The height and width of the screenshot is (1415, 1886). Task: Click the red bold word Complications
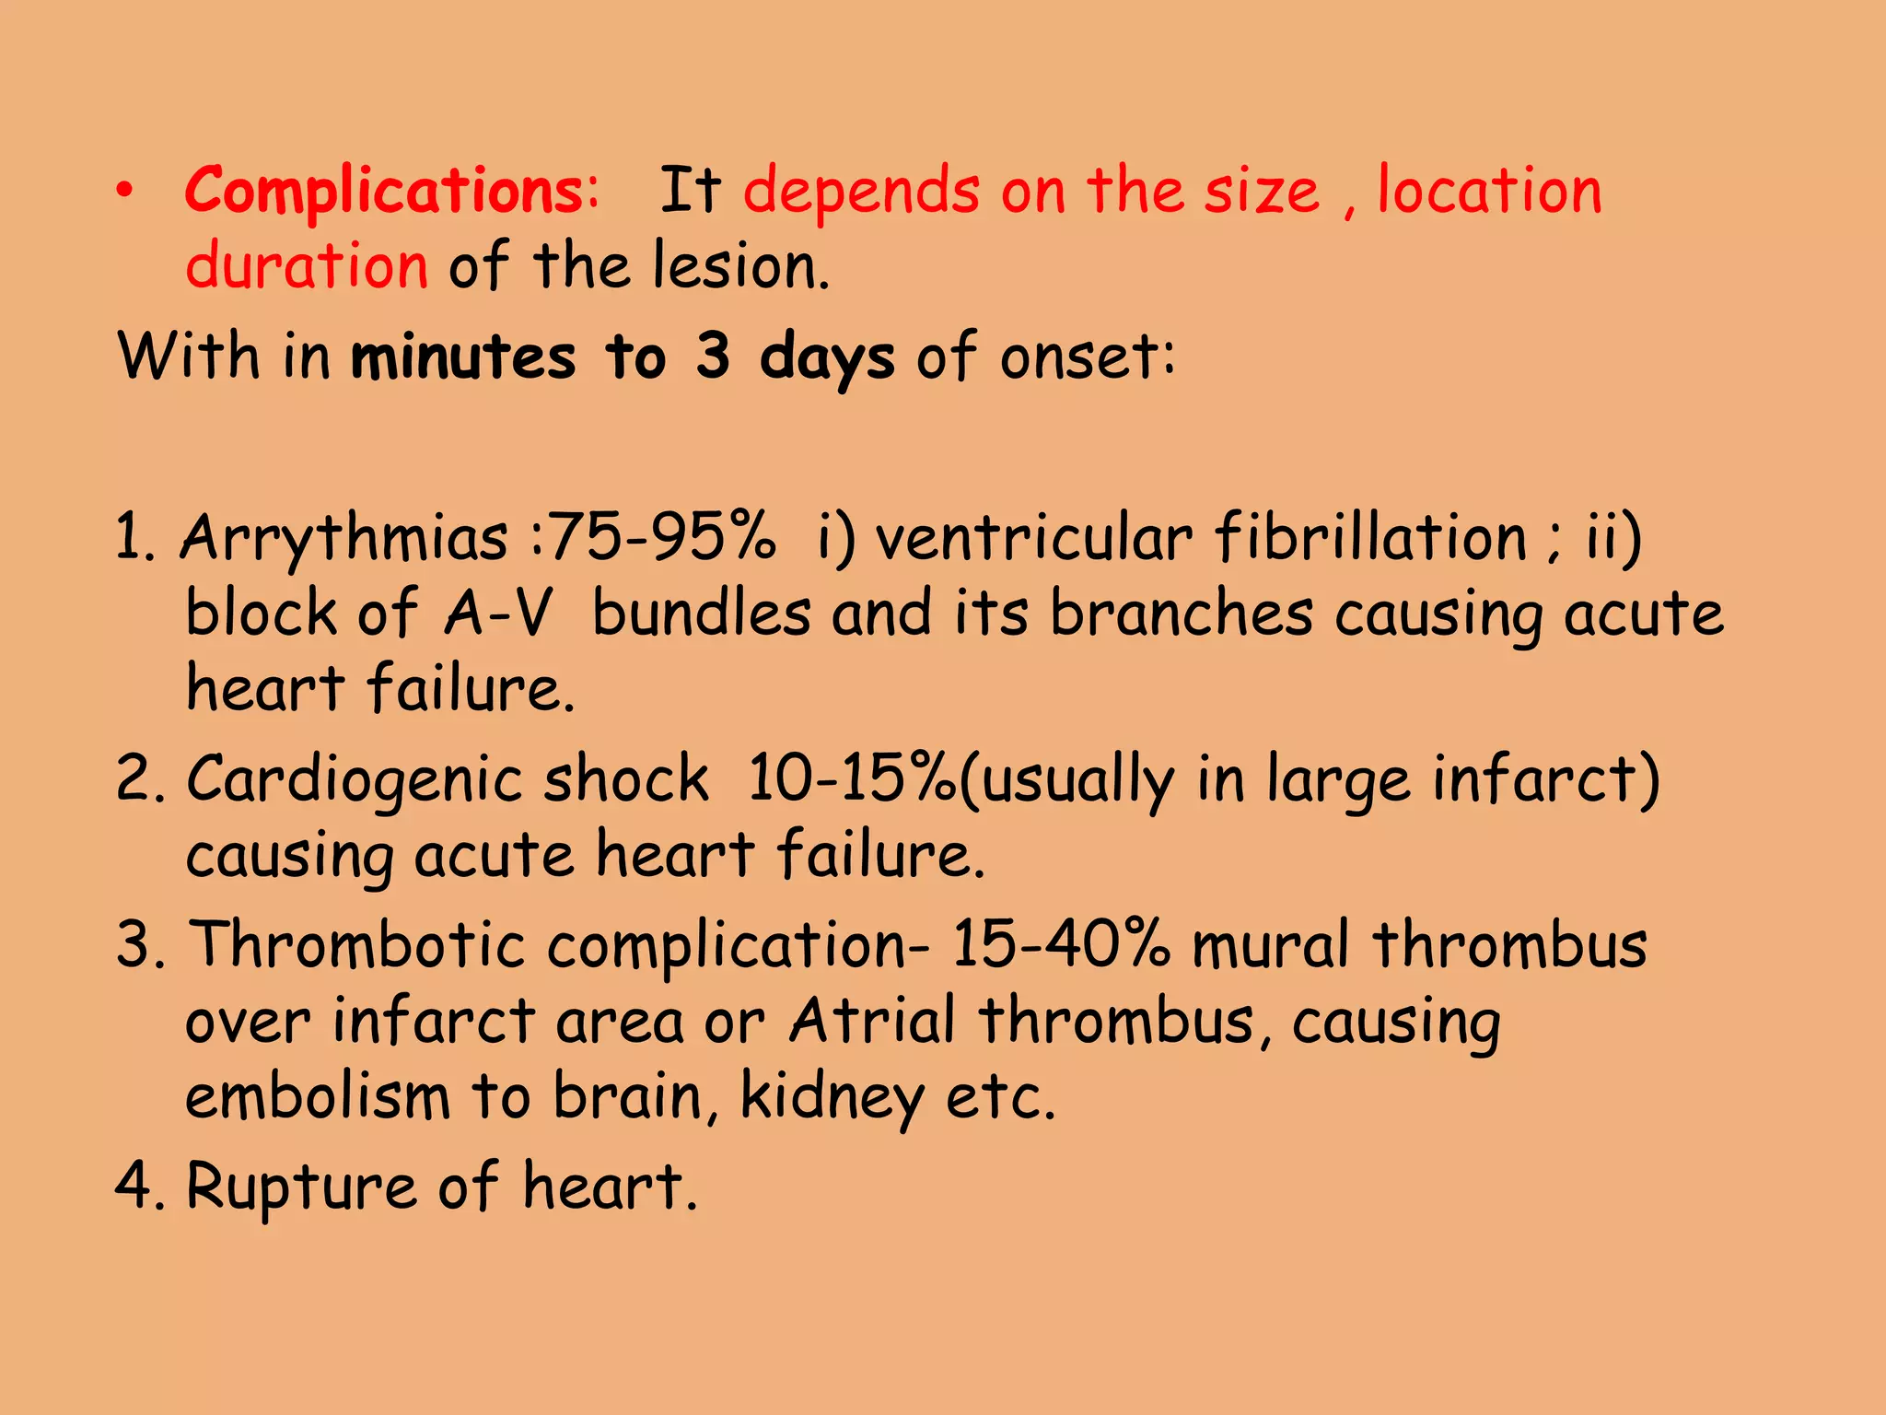click(x=391, y=192)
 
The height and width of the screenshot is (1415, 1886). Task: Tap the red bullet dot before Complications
click(x=125, y=191)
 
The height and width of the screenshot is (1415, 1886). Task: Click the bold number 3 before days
click(x=713, y=356)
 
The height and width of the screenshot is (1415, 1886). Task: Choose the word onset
click(x=1087, y=357)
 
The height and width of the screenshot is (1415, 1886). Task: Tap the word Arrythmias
click(x=343, y=539)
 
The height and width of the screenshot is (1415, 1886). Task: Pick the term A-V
click(x=498, y=614)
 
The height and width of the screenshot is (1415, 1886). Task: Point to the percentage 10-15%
click(x=852, y=779)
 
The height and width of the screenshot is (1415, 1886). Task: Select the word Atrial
click(x=871, y=1022)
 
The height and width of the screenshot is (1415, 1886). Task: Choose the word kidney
click(x=832, y=1098)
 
